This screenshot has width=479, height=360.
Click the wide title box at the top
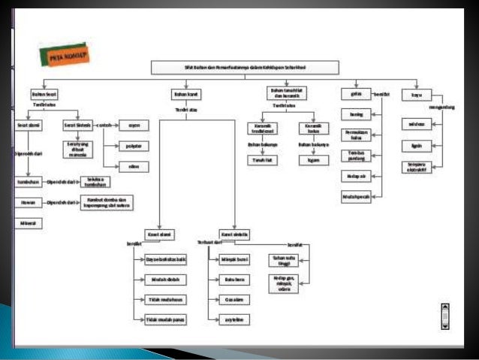pyautogui.click(x=235, y=68)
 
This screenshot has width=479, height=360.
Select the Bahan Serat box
pyautogui.click(x=45, y=95)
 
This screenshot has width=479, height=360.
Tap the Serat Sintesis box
pyautogui.click(x=77, y=126)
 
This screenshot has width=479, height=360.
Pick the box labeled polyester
pyautogui.click(x=134, y=146)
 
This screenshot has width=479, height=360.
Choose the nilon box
pyautogui.click(x=134, y=166)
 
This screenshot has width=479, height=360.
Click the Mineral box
pyautogui.click(x=29, y=223)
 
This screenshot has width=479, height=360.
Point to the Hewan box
pyautogui.click(x=29, y=203)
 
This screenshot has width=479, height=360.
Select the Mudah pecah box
pyautogui.click(x=357, y=197)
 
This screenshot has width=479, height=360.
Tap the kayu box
pyautogui.click(x=416, y=95)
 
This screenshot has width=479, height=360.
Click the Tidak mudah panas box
pyautogui.click(x=166, y=320)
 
